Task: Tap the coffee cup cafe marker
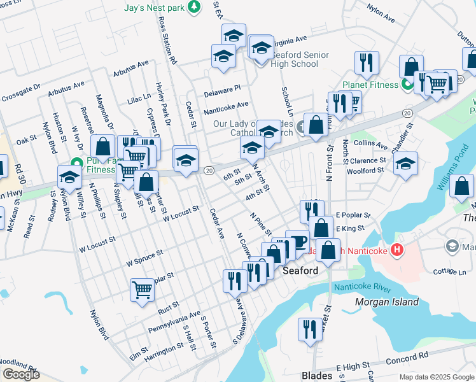click(x=298, y=242)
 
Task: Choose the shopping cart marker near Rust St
click(x=142, y=290)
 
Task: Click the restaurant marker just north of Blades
click(x=309, y=329)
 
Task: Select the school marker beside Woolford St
click(x=405, y=164)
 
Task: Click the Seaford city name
click(x=300, y=271)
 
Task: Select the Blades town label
click(x=316, y=376)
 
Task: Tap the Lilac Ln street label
click(x=139, y=98)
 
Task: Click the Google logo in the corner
click(x=21, y=374)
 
